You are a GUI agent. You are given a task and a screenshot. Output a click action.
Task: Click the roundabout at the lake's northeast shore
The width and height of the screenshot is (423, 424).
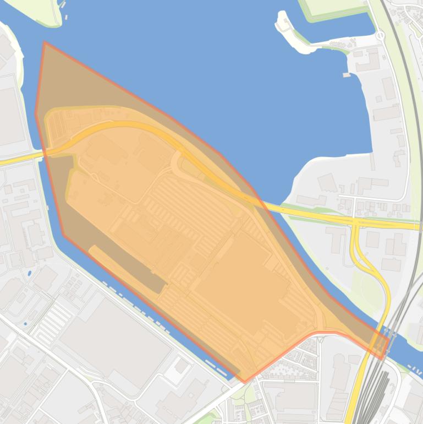tap(380, 36)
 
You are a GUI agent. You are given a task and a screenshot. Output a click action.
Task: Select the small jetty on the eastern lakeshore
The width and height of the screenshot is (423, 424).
tap(346, 74)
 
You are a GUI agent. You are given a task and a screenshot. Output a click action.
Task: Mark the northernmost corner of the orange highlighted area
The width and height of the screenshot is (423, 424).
tap(45, 42)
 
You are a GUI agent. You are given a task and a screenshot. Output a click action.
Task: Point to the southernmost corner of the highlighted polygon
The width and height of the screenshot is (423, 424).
tap(245, 382)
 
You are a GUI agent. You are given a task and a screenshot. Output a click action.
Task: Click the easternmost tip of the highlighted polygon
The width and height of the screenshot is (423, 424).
tap(389, 340)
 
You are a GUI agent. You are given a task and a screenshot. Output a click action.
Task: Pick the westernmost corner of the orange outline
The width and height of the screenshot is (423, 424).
tap(36, 114)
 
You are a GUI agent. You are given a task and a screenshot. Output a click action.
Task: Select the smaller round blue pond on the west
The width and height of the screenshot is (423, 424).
tap(25, 323)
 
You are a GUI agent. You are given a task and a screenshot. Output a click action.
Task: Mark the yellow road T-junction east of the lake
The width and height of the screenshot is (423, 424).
tap(356, 223)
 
